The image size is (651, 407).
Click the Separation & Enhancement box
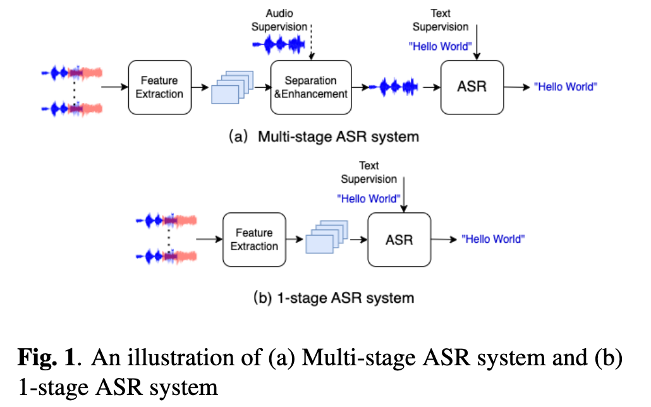[311, 87]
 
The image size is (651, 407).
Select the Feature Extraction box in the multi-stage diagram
[159, 87]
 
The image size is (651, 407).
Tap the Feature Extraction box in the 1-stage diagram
[254, 240]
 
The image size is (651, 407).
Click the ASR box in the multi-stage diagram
[472, 87]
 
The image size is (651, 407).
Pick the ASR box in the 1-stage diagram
[399, 240]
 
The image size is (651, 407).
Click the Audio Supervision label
[279, 20]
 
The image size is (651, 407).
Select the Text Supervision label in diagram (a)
[441, 20]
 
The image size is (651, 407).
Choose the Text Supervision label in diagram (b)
[368, 172]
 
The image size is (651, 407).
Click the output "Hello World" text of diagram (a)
[566, 87]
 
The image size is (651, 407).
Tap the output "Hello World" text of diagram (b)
[493, 240]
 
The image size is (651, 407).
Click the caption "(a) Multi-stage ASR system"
[324, 137]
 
